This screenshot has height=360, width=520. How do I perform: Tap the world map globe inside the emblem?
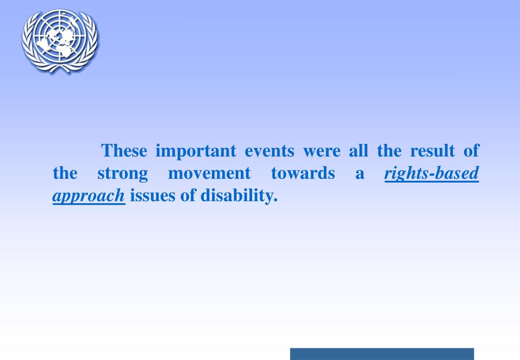tap(60, 38)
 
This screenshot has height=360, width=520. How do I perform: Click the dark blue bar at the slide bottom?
tap(382, 354)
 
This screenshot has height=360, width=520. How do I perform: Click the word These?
tap(125, 151)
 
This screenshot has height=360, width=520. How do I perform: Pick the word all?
tap(358, 151)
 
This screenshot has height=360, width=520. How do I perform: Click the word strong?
tap(123, 174)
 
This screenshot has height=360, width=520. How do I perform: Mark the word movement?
tap(209, 174)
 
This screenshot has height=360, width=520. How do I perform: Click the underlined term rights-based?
tap(432, 174)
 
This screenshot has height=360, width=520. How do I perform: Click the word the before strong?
tap(65, 174)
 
